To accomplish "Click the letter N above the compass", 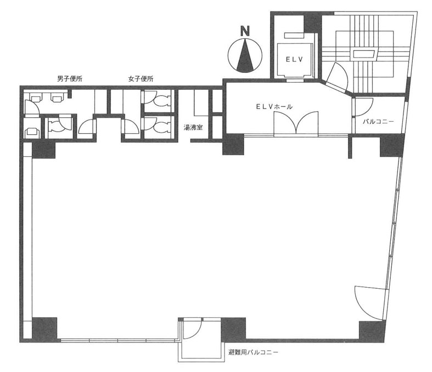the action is tap(245, 31).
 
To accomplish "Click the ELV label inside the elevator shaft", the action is tap(294, 59).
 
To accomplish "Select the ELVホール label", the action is tap(274, 107).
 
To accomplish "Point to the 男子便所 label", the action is tap(69, 79).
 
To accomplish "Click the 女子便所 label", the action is tap(141, 79).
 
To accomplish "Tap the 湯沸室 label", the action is tap(193, 127).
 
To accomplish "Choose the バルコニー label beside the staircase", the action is tap(378, 121).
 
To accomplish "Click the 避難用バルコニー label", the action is tap(253, 352).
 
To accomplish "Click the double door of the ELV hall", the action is tap(296, 124).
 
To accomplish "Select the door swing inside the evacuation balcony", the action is tap(193, 329).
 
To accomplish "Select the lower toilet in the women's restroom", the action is tap(158, 127).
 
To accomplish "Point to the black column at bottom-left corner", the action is tap(44, 329).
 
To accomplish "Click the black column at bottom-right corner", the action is tap(372, 331).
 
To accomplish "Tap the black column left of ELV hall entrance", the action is tap(233, 144).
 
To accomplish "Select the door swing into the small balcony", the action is tap(363, 107).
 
